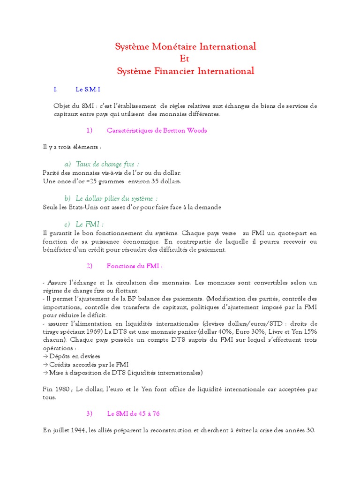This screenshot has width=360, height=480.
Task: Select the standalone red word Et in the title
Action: pyautogui.click(x=185, y=59)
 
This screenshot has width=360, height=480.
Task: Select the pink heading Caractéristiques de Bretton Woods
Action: pyautogui.click(x=157, y=130)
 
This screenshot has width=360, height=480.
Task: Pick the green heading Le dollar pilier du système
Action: pyautogui.click(x=117, y=198)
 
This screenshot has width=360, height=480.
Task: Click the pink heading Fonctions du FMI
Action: pyautogui.click(x=135, y=266)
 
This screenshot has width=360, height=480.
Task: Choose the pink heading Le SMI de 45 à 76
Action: pyautogui.click(x=134, y=413)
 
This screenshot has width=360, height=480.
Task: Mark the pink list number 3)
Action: pyautogui.click(x=90, y=413)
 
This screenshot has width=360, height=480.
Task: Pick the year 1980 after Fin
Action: pyautogui.click(x=62, y=389)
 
